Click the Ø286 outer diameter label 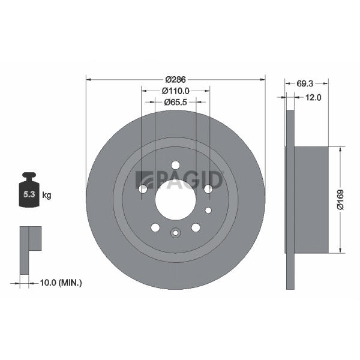(x=175, y=79)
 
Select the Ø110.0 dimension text (x=176, y=91)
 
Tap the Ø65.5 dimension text (x=176, y=102)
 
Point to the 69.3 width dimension (x=305, y=83)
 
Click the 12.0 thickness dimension (x=313, y=97)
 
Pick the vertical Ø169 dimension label (x=340, y=199)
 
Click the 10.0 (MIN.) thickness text (x=61, y=283)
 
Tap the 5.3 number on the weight (x=29, y=194)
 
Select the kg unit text (x=46, y=196)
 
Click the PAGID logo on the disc (x=179, y=180)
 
